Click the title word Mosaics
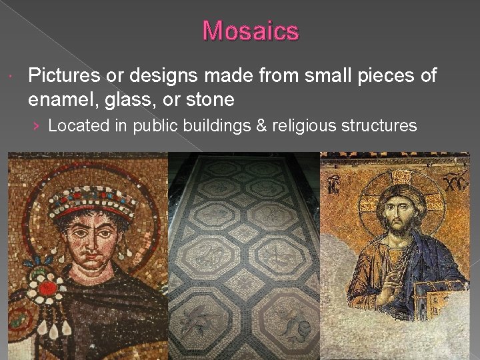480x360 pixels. click(251, 31)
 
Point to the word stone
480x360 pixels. click(212, 99)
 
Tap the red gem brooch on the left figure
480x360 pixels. click(48, 287)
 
